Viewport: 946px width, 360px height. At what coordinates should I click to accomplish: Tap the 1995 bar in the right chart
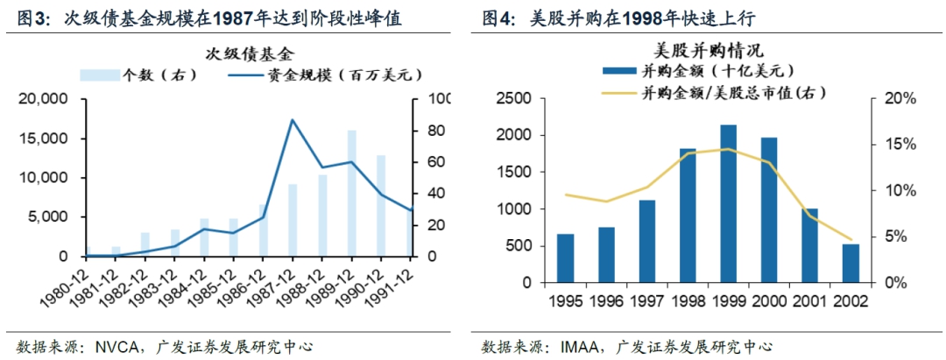coord(566,258)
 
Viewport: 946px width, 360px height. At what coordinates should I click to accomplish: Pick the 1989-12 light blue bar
coord(351,194)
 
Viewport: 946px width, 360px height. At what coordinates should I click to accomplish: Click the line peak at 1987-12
coord(292,120)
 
